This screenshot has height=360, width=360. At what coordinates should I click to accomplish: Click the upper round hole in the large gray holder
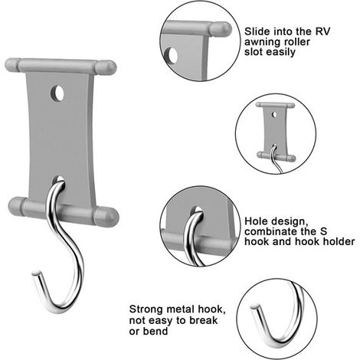point(57,93)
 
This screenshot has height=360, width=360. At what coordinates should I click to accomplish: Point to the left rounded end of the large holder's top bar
point(13,64)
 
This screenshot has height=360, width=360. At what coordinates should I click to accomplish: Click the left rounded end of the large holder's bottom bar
point(16,207)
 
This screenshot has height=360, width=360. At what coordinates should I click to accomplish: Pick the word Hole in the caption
point(255,221)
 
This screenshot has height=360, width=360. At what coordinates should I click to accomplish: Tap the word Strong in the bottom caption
point(146,309)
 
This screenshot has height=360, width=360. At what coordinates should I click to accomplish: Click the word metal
point(181,309)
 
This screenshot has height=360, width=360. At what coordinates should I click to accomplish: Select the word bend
point(155,331)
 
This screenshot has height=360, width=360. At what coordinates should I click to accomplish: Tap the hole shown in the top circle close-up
point(171,55)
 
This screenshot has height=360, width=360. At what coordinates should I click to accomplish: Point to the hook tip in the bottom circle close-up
point(254,306)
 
